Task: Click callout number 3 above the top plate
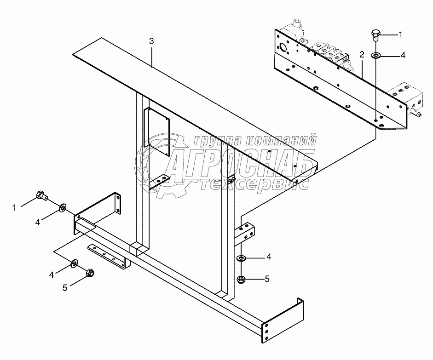click(151, 41)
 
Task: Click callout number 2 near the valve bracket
click(362, 55)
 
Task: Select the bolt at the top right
click(375, 34)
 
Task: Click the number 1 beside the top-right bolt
click(400, 34)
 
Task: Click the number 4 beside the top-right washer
click(403, 55)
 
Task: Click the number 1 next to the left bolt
click(14, 208)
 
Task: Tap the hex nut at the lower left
click(90, 273)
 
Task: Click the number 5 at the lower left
click(65, 287)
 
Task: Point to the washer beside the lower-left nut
click(74, 263)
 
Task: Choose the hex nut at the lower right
click(241, 279)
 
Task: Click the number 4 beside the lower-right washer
click(269, 257)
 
